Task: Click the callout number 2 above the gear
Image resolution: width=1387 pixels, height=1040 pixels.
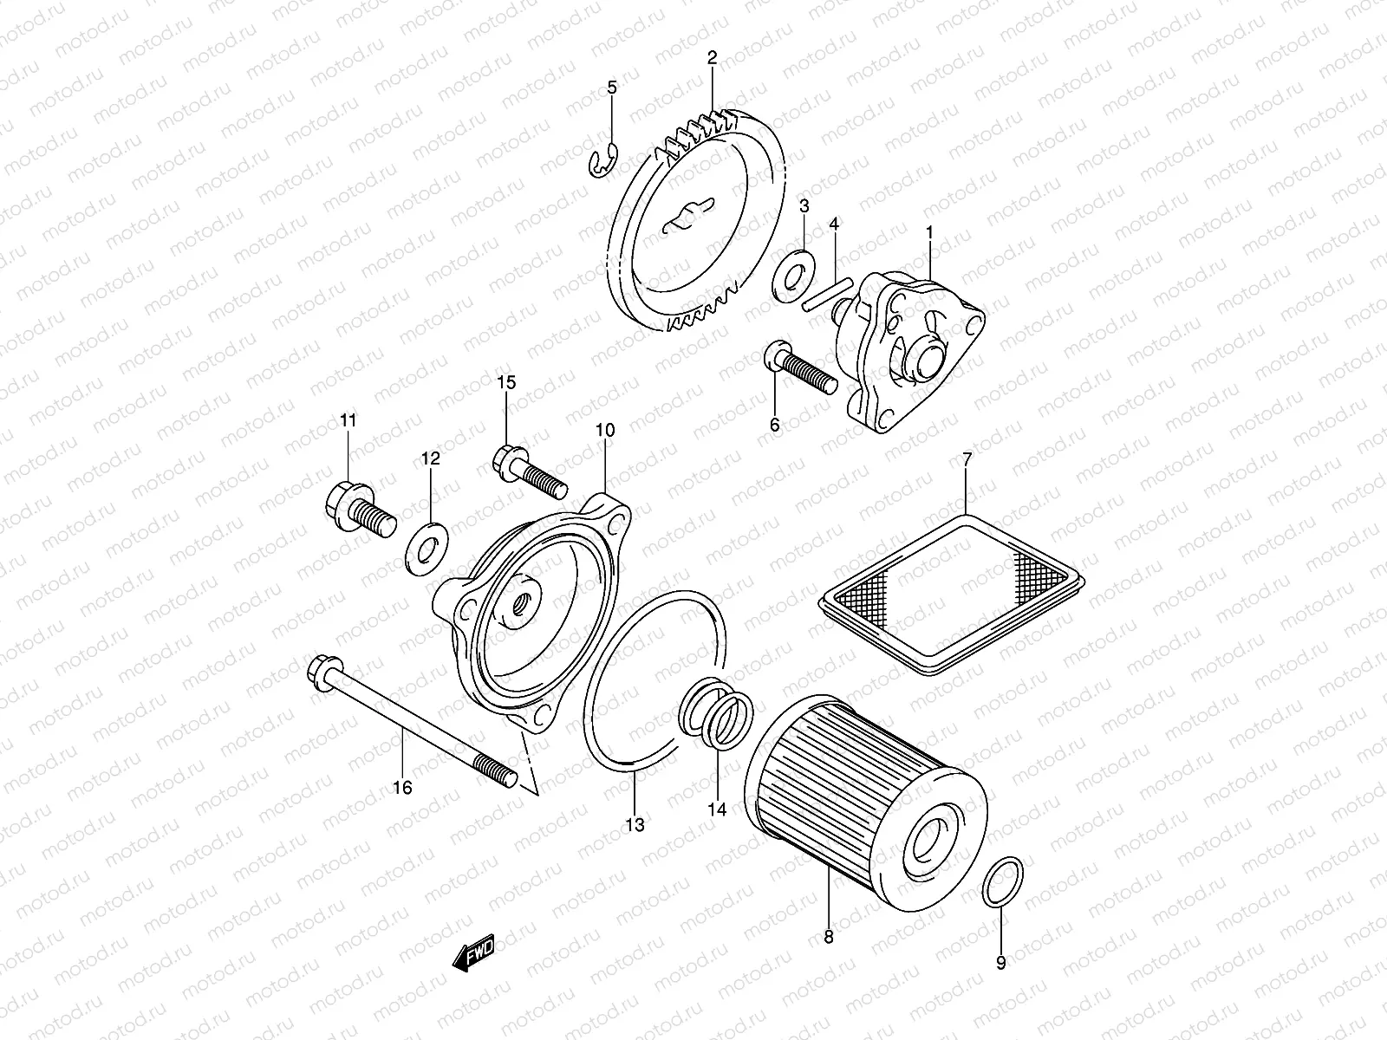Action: pos(712,59)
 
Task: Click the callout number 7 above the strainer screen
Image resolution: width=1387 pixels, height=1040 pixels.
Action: pos(967,458)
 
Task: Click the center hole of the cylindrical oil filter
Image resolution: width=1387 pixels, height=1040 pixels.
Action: pos(933,837)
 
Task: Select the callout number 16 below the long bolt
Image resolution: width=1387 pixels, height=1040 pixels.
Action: pos(402,787)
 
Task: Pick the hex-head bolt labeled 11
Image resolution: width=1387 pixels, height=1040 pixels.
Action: pos(360,512)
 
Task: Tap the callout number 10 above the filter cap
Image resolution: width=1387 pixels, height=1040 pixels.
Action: pos(604,430)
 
